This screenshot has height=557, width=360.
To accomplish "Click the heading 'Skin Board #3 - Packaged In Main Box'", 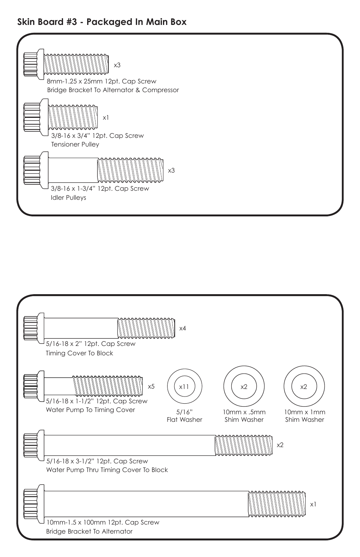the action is coord(102,22).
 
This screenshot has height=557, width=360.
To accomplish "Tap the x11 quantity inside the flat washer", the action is coord(184,387).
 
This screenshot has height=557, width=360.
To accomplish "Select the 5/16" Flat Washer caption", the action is coord(184,416).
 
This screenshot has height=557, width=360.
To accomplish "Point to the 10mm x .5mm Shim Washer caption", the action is coord(244,416).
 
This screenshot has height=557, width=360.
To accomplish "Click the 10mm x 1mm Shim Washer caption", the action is coord(304,416).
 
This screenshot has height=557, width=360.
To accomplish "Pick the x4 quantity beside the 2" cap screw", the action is coord(183,329).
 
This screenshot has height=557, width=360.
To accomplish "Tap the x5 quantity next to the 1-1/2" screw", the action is coord(151,387).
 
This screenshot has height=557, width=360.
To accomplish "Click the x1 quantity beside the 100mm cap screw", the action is coord(313,505).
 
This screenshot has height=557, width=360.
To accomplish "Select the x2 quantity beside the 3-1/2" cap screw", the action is coord(280,445).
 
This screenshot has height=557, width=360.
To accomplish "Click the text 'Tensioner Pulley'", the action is coord(75,145).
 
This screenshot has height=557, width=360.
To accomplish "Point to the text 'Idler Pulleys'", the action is coord(68,198).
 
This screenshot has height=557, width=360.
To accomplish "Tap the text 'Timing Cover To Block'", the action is coord(79,353).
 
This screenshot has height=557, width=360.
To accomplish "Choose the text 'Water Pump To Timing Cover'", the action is coord(90,410).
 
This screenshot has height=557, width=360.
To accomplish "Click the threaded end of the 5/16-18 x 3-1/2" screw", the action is coord(243,446).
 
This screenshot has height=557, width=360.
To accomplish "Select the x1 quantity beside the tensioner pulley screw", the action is coord(106,118).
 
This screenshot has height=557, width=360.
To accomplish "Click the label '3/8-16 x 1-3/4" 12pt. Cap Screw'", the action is coord(100,188).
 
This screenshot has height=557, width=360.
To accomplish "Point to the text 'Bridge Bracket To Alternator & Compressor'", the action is coord(113,90).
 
